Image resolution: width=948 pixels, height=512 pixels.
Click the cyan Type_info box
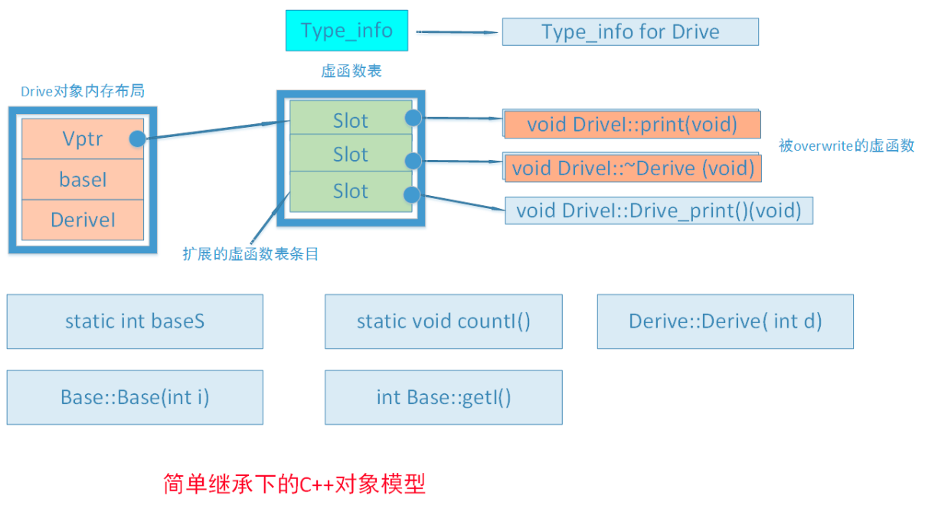click(347, 31)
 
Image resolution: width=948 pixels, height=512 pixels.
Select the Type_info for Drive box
click(630, 32)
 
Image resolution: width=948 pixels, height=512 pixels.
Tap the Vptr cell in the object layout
click(83, 139)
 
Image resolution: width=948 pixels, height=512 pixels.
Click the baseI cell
click(83, 180)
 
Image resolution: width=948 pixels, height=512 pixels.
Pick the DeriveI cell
click(83, 220)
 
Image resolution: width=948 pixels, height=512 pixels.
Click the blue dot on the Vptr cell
click(138, 139)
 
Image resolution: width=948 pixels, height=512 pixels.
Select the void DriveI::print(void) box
click(632, 124)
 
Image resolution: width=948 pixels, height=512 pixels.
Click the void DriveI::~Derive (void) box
click(632, 168)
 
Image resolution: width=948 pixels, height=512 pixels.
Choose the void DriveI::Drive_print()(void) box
click(659, 210)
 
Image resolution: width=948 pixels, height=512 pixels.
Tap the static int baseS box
click(135, 321)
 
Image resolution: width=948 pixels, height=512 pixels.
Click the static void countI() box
click(443, 321)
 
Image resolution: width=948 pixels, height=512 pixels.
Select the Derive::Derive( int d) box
click(725, 321)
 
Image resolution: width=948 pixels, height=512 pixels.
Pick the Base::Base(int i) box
click(135, 397)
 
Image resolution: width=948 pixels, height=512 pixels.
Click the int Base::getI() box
click(443, 397)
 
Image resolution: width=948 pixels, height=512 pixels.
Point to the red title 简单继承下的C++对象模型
click(294, 484)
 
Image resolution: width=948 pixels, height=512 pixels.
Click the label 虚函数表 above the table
click(351, 72)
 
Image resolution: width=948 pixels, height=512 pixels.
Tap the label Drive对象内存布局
click(82, 92)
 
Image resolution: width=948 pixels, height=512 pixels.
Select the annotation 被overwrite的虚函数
click(846, 146)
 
